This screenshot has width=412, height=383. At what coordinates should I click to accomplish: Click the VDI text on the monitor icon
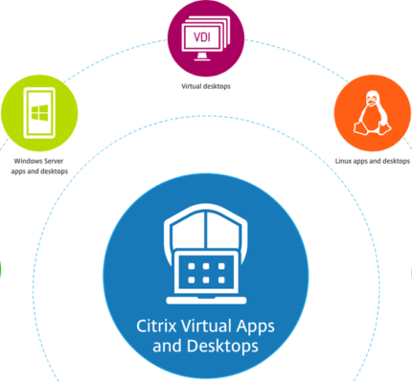tap(202, 37)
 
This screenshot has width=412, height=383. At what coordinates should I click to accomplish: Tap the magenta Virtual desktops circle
tap(206, 38)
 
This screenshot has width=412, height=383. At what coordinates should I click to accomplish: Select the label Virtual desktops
tap(206, 86)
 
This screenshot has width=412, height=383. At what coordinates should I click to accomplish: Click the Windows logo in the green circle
tap(40, 113)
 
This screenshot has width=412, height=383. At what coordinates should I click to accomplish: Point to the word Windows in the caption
tap(26, 161)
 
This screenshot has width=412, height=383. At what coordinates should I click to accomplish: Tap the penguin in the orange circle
tap(373, 112)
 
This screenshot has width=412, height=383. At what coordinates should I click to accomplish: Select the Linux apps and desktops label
tap(373, 161)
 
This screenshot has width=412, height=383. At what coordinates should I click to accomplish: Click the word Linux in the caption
tap(343, 161)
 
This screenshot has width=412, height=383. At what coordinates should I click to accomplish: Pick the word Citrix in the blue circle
tap(157, 327)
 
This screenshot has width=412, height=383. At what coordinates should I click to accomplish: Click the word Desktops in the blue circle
tap(222, 347)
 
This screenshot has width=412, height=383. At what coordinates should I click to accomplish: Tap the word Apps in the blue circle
tap(256, 327)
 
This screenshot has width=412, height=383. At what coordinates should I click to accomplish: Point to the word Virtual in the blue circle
tap(206, 327)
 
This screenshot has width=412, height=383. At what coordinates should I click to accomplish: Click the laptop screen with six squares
tap(206, 273)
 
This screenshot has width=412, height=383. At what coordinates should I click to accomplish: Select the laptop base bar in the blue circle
tap(206, 301)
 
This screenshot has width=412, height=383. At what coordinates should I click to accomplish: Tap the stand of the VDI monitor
tap(201, 56)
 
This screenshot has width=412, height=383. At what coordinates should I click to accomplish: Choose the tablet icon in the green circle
tap(39, 113)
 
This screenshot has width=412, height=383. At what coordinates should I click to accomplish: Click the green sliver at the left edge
tap(1, 269)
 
